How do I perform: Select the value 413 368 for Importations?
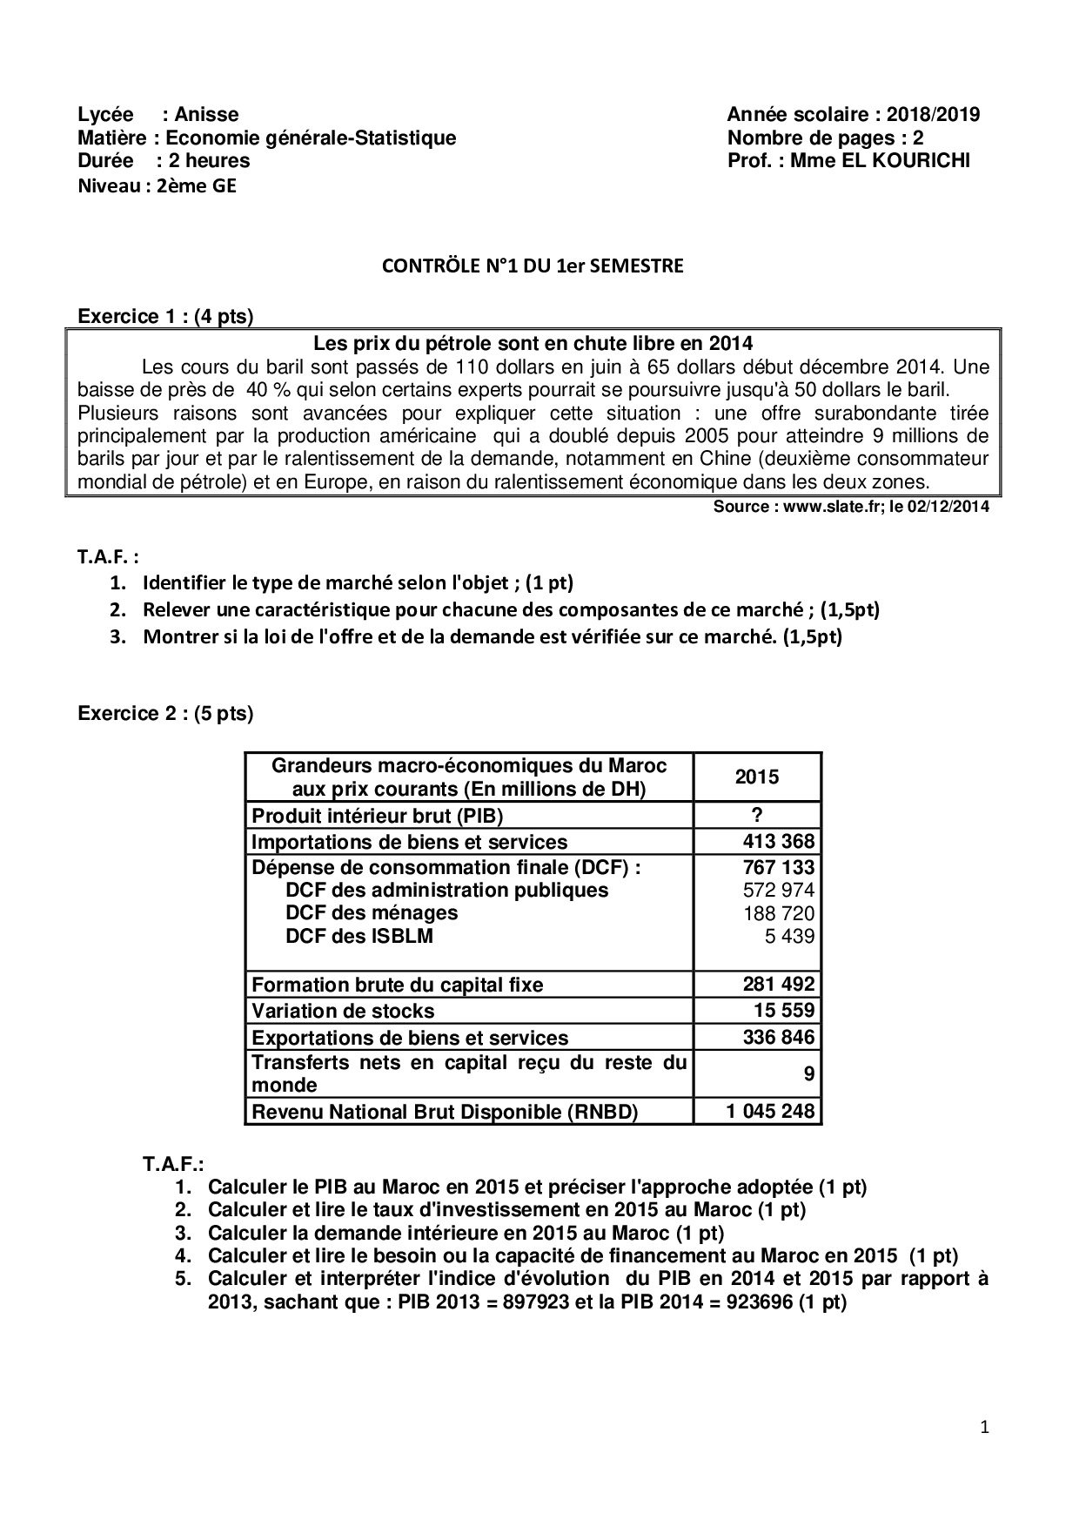[x=779, y=841]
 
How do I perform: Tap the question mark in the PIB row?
[x=757, y=815]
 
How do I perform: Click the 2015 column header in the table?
[x=757, y=777]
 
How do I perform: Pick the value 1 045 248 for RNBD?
[x=771, y=1111]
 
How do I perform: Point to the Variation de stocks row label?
[x=343, y=1011]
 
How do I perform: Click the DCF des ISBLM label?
[x=359, y=936]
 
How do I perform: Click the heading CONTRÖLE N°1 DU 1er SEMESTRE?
[x=533, y=266]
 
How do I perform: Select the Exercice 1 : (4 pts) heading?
[x=165, y=316]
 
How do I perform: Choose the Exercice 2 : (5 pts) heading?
[x=165, y=714]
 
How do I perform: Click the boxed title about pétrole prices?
[x=533, y=344]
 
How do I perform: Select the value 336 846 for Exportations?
[x=779, y=1037]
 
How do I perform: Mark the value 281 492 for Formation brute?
[x=779, y=984]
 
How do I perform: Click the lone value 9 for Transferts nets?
[x=809, y=1074]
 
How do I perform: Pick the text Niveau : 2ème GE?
[x=157, y=185]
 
